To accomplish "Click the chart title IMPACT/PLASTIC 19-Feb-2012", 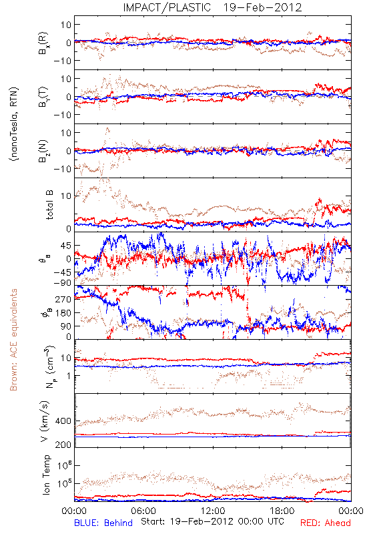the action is (212, 7).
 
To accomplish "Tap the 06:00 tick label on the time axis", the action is (143, 511).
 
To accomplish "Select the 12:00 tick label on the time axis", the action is (213, 511).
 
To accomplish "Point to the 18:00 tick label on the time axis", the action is (282, 511).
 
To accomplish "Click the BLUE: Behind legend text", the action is (103, 523).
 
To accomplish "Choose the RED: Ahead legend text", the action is (326, 523).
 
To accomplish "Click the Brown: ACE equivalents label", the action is (13, 340).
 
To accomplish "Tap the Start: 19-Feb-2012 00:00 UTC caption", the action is (212, 521).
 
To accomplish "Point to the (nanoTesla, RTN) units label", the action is (15, 124).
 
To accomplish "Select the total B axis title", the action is (49, 205).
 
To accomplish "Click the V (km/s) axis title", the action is (45, 421).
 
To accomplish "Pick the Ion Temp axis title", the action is (46, 475).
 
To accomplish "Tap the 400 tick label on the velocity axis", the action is (63, 421).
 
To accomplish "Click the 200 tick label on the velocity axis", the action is (63, 445).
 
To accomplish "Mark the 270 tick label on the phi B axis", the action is (63, 299).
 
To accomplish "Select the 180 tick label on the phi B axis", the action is (63, 312).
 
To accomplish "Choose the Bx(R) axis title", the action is (43, 43).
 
